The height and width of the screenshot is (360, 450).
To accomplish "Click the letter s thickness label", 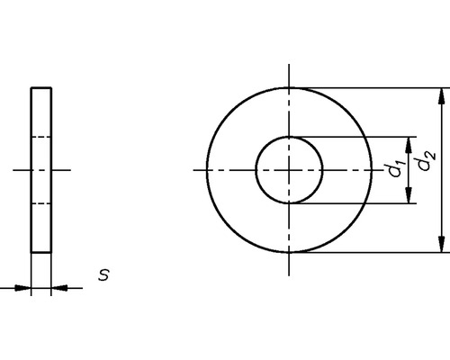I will [x=103, y=274].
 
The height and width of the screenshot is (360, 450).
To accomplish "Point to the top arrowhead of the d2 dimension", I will [x=441, y=95].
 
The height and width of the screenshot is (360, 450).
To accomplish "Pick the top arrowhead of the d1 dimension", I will [x=411, y=143].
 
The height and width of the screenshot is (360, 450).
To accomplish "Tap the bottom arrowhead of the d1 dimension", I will [x=411, y=197].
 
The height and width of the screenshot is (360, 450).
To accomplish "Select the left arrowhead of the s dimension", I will [x=23, y=288].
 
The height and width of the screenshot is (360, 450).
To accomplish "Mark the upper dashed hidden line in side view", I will [x=41, y=136].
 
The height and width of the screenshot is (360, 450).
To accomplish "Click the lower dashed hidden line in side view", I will [x=41, y=204].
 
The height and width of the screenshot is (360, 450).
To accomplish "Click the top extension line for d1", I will [x=355, y=137].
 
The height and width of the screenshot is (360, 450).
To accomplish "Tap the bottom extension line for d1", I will [x=355, y=204].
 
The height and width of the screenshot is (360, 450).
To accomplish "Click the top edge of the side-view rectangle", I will [x=41, y=87].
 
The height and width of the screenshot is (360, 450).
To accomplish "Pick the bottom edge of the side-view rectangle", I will [x=41, y=252].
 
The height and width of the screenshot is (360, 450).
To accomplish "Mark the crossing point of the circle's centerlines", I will [x=289, y=170].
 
